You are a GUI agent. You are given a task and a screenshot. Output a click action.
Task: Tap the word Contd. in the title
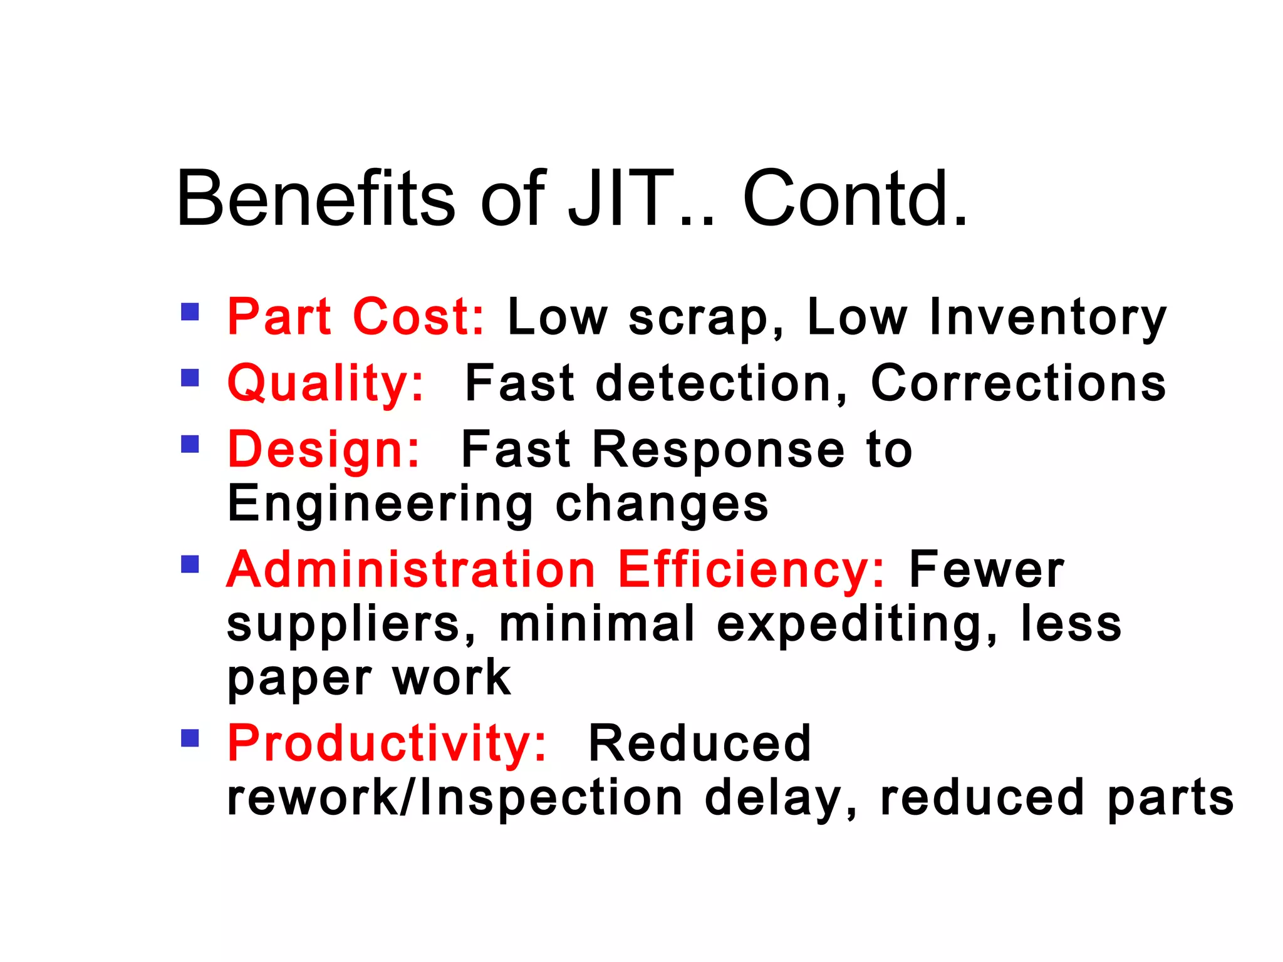[855, 199]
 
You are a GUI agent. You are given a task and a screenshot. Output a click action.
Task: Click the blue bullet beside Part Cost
[190, 312]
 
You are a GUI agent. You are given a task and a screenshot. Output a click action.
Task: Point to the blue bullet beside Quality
[190, 378]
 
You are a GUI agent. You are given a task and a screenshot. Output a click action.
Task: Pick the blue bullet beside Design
[190, 444]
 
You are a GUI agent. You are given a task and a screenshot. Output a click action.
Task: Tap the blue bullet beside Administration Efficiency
[190, 564]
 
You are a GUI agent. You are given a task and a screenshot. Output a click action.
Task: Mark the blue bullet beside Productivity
[190, 738]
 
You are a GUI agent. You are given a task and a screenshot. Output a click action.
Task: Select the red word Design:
[323, 449]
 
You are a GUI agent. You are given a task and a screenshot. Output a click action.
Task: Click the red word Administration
[411, 569]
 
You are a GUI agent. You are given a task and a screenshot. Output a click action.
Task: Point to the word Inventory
[1048, 318]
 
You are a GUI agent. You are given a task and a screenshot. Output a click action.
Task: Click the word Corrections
[1019, 383]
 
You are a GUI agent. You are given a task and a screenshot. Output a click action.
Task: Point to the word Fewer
[986, 569]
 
